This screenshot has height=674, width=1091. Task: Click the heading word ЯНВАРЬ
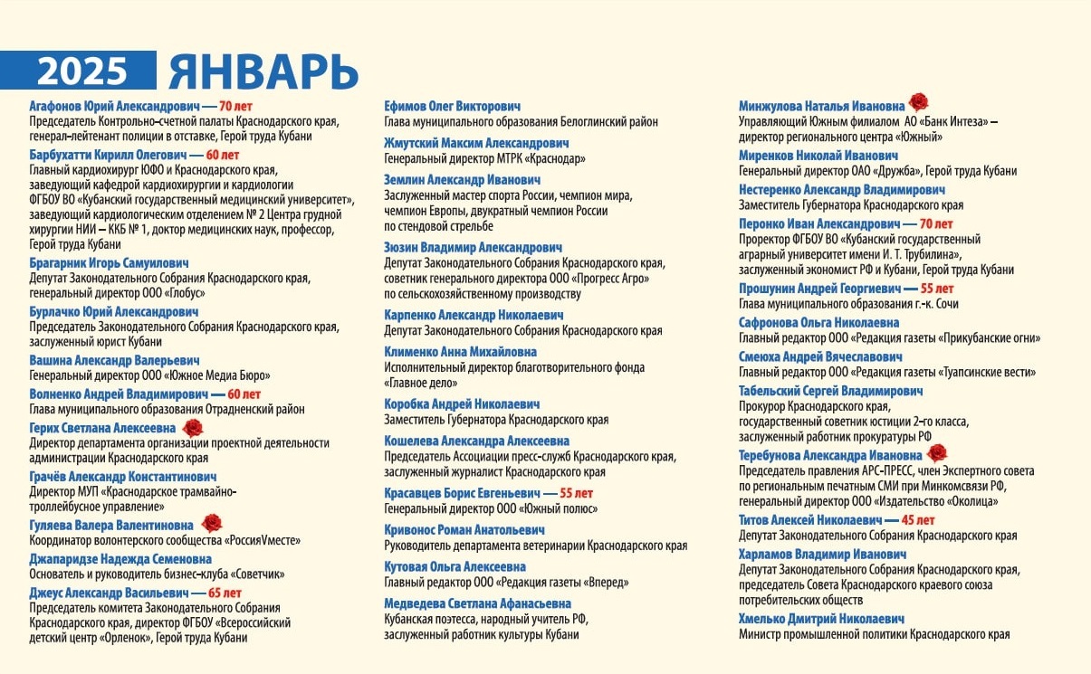pos(263,71)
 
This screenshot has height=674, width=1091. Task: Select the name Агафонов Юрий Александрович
pos(113,106)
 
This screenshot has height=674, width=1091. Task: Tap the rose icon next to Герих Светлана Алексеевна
pos(193,427)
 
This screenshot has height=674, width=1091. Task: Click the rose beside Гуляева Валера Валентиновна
pos(212,522)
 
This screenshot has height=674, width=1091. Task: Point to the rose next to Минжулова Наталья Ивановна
pos(919,102)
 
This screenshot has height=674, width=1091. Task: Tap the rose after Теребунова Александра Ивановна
pos(937,452)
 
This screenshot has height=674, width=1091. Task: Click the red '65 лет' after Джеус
pos(225,593)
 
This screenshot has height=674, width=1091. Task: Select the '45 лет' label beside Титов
pos(918,520)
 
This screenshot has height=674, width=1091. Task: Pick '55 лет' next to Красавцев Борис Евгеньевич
pos(576,493)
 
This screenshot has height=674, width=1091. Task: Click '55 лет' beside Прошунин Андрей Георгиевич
pos(936,289)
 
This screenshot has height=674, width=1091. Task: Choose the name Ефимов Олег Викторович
pos(452,106)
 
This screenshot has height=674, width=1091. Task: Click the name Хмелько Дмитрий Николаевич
pos(821,620)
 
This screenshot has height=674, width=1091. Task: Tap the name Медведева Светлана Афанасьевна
pos(477,603)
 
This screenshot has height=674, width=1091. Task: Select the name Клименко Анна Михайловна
pos(460,352)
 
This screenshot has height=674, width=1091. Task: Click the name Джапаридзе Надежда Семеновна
pos(120,559)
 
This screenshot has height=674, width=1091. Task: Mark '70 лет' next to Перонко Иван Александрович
pos(936,223)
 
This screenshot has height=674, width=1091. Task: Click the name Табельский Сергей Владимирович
pos(830,391)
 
